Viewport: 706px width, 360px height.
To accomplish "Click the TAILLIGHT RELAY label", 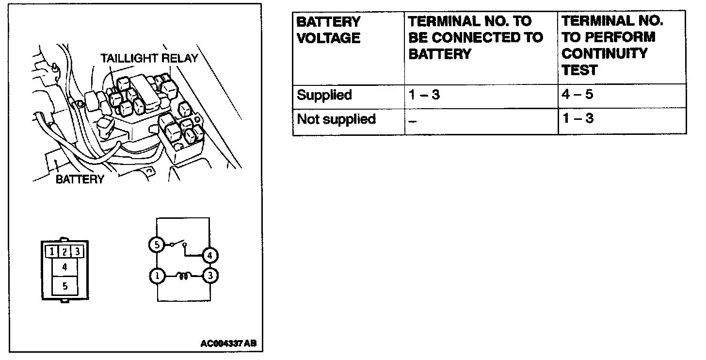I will click(149, 58).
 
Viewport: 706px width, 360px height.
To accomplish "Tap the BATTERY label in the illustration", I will click(80, 180).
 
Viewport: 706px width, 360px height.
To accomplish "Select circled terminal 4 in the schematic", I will click(209, 255).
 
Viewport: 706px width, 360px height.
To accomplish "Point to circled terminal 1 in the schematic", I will click(157, 276).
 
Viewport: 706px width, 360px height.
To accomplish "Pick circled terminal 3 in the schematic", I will click(210, 276).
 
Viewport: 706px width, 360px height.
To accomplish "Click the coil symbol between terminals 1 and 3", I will click(183, 277).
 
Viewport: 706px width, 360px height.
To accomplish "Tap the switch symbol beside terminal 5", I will click(177, 244).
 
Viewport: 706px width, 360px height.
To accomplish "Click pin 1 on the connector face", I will click(51, 252).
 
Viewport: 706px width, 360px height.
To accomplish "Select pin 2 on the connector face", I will click(64, 252).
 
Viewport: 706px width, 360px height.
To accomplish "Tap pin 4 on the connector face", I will click(64, 267).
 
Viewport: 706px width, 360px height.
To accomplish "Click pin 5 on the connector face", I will click(64, 286).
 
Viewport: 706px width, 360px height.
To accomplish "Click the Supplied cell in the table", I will click(324, 95).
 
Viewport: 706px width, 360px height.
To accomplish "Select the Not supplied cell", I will click(336, 119).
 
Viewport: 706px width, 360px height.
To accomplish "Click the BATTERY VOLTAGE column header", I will click(328, 30).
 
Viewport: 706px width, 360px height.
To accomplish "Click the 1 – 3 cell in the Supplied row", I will click(424, 95).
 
